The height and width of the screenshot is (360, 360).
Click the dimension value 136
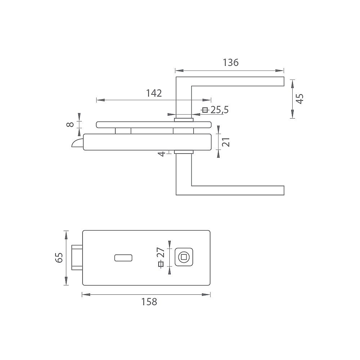tap(231, 62)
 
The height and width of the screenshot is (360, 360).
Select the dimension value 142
tap(154, 93)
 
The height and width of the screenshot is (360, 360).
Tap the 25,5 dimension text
tap(219, 110)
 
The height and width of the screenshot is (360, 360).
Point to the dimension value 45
tap(300, 99)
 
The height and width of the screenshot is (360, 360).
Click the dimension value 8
tap(70, 124)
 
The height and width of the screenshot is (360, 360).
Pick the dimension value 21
tap(226, 142)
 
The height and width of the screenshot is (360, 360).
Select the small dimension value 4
tap(162, 154)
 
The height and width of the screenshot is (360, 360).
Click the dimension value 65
tap(59, 258)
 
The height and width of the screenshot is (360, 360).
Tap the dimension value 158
tap(149, 302)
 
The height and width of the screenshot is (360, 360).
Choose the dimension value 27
tap(161, 252)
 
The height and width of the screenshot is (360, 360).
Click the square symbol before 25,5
tap(205, 110)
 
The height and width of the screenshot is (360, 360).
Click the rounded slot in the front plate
tap(123, 258)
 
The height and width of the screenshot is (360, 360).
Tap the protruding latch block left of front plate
tap(77, 258)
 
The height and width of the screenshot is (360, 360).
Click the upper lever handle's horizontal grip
tap(238, 81)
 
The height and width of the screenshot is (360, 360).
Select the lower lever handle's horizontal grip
tap(238, 190)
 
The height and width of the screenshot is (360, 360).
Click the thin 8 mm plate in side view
tap(154, 125)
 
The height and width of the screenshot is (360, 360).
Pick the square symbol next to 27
tap(161, 265)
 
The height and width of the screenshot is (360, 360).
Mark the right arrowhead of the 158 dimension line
tap(206, 294)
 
